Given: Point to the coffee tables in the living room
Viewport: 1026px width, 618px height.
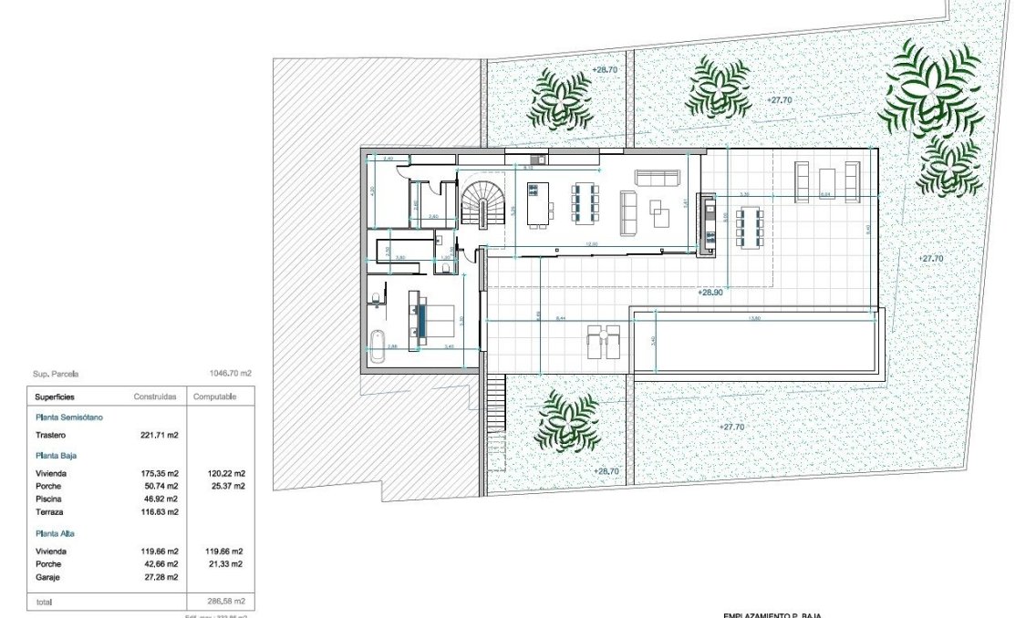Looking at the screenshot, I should pos(659,211).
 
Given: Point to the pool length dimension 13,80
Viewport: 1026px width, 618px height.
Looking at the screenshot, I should pos(753,317).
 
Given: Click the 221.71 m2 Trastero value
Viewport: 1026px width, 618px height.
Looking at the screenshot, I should pos(161,435).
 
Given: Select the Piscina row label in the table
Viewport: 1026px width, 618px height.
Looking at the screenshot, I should pos(49,499).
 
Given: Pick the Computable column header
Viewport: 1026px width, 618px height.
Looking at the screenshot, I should pos(215,397).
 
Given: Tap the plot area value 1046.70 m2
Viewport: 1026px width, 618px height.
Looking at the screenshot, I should pos(230,374).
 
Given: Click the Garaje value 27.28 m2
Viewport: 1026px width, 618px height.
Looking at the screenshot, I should pos(161,577).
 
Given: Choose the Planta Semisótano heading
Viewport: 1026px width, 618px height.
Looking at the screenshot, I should pos(68,417).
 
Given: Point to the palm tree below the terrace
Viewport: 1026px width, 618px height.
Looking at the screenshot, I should pos(566,421).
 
